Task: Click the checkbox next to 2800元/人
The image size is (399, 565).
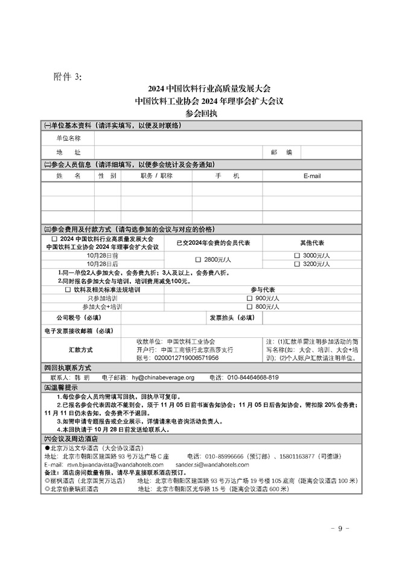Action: click(x=198, y=260)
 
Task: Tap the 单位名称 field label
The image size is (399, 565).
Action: click(x=68, y=138)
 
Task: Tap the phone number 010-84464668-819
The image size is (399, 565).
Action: click(x=253, y=378)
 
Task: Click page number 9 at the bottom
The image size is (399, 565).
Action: click(x=340, y=529)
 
